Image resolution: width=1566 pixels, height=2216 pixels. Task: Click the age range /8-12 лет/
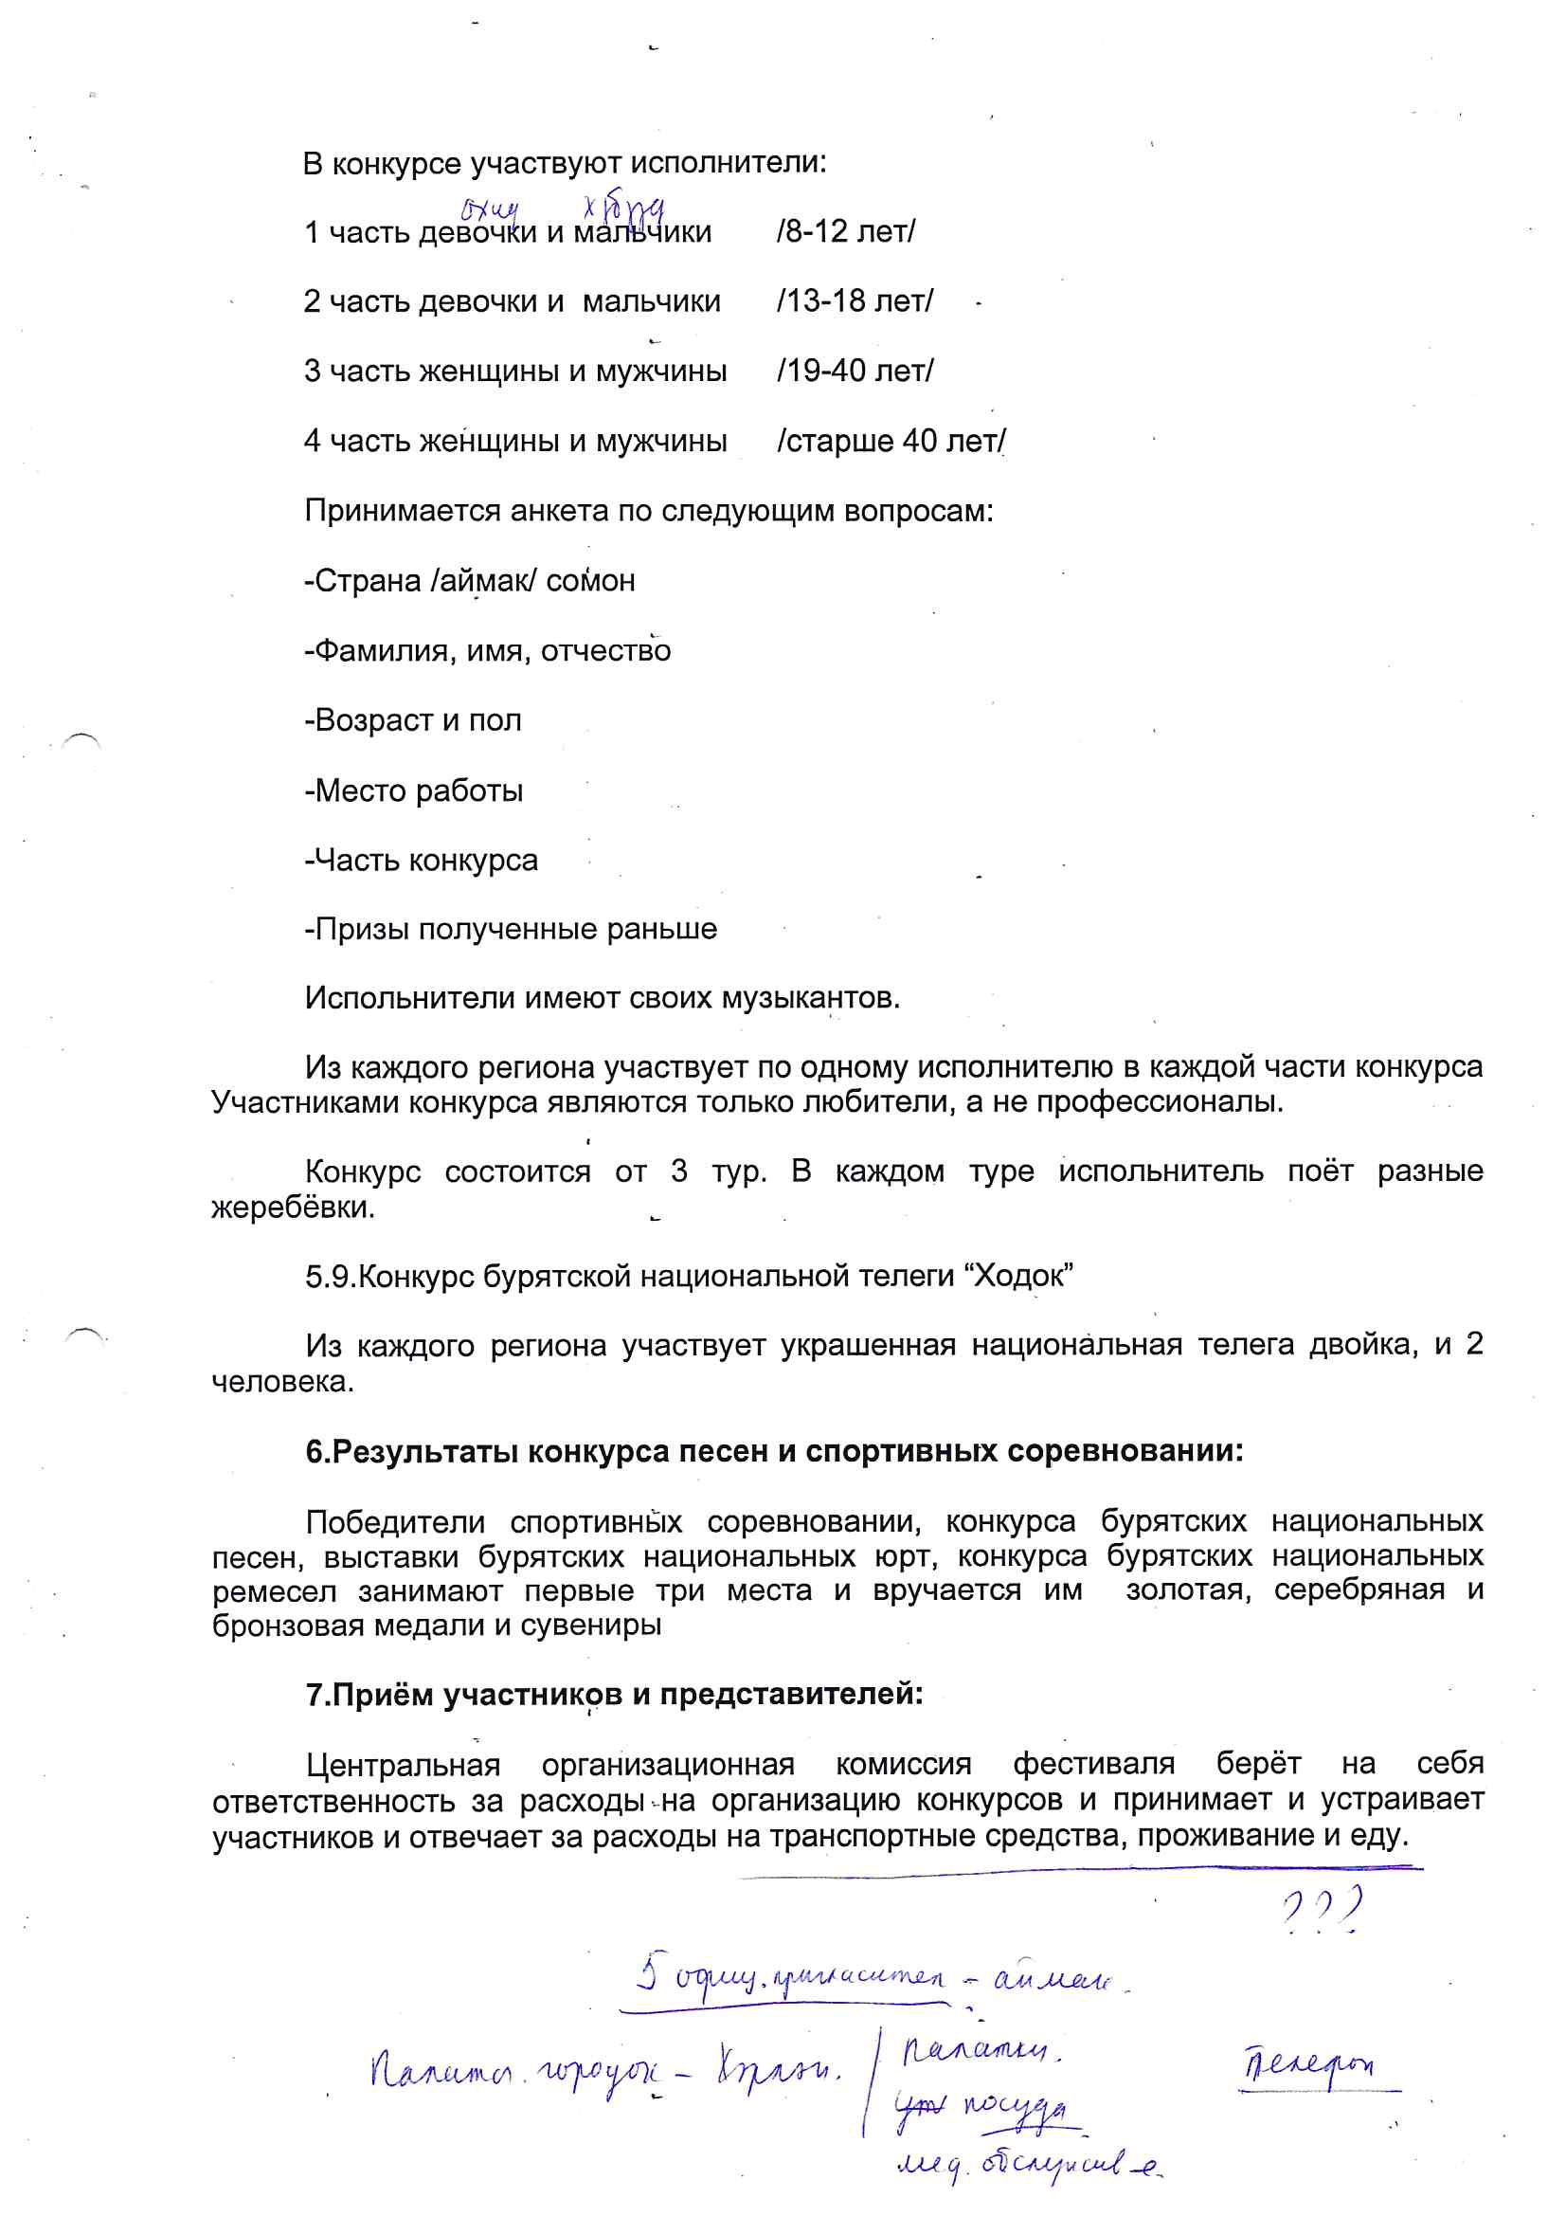[845, 231]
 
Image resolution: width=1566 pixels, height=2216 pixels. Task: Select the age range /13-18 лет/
[855, 301]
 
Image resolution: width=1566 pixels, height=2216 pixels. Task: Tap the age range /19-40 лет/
[855, 371]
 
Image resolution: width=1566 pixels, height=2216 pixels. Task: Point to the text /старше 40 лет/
[891, 441]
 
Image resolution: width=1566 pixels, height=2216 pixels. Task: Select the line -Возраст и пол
[413, 720]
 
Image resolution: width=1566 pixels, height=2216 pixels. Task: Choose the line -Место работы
[414, 790]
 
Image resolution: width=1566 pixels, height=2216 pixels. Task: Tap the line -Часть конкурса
[422, 860]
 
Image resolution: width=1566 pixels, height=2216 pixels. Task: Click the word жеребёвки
[293, 1208]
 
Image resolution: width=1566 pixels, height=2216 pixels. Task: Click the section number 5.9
[330, 1277]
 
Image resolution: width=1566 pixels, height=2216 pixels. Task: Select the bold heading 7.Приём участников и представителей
[614, 1696]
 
